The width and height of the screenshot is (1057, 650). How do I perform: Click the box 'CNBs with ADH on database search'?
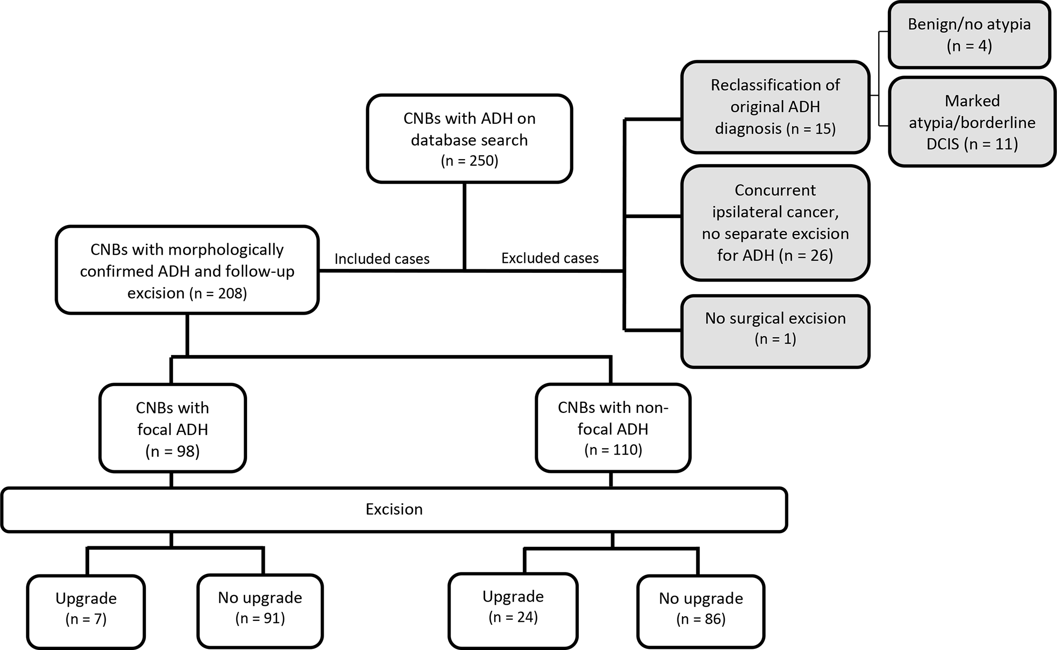[x=469, y=138]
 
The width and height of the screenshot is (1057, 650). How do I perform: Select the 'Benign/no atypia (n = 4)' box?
[x=969, y=35]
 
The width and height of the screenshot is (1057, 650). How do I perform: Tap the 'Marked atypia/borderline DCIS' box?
[x=971, y=122]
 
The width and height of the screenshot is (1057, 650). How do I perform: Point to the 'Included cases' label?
[x=382, y=259]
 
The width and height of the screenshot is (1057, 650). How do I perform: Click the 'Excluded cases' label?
[x=550, y=258]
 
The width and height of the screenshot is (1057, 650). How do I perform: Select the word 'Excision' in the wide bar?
[x=394, y=509]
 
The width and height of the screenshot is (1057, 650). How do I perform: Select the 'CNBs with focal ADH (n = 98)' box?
[x=173, y=428]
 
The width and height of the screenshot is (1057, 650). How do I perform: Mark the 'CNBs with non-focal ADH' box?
[x=613, y=428]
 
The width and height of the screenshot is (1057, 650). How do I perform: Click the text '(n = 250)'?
[x=469, y=161]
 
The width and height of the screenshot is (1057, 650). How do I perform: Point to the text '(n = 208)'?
[x=218, y=293]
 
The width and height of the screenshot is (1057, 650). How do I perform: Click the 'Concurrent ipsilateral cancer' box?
[x=775, y=223]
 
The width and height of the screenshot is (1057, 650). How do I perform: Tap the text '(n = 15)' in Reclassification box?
[x=811, y=129]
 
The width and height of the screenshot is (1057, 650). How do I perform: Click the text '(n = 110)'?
[x=613, y=450]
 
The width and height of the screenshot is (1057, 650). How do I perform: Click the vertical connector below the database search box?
[x=464, y=227]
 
